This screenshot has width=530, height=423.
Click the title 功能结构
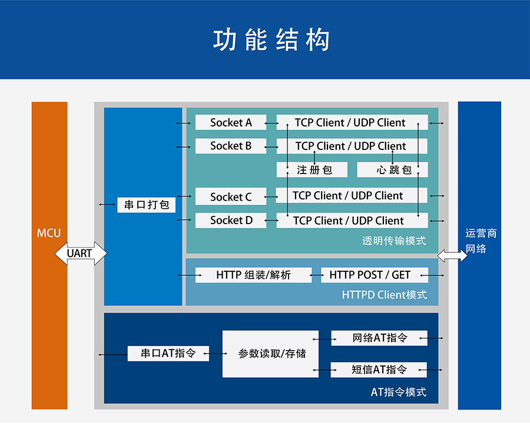pyautogui.click(x=271, y=40)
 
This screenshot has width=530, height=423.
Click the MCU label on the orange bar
pyautogui.click(x=49, y=233)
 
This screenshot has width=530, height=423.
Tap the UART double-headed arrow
pyautogui.click(x=80, y=254)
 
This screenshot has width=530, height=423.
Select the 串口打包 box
pyautogui.click(x=147, y=205)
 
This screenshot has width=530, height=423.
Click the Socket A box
pyautogui.click(x=230, y=122)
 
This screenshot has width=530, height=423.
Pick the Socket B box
pyautogui.click(x=230, y=146)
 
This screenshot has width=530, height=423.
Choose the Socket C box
pyautogui.click(x=230, y=196)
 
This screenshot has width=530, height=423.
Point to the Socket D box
pyautogui.click(x=230, y=221)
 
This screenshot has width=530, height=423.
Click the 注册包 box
pyautogui.click(x=314, y=170)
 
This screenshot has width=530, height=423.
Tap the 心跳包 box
pyautogui.click(x=393, y=170)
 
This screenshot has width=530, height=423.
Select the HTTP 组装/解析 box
pyautogui.click(x=253, y=275)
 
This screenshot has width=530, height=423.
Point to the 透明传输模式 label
pyautogui.click(x=394, y=241)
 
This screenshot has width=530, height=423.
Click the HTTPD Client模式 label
pyautogui.click(x=384, y=295)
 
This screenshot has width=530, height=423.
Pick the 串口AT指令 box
pyautogui.click(x=168, y=354)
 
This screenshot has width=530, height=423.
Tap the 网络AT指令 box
pyautogui.click(x=379, y=338)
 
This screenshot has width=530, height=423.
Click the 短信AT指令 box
pyautogui.click(x=379, y=369)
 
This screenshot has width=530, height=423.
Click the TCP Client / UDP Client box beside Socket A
pyautogui.click(x=351, y=122)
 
